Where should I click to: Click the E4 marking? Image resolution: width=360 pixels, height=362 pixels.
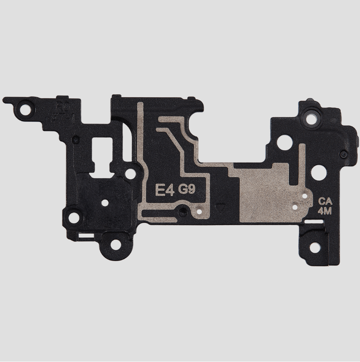165,190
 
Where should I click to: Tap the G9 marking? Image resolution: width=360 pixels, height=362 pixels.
187,189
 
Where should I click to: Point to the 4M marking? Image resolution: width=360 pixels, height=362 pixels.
324,211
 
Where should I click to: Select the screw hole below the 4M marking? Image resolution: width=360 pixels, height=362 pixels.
315,247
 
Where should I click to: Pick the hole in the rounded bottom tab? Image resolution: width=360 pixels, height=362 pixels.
115,244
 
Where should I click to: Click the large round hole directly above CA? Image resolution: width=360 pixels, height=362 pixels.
319,173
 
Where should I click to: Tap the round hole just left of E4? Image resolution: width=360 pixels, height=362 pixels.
130,174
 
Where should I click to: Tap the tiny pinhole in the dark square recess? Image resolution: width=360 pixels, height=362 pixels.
104,203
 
